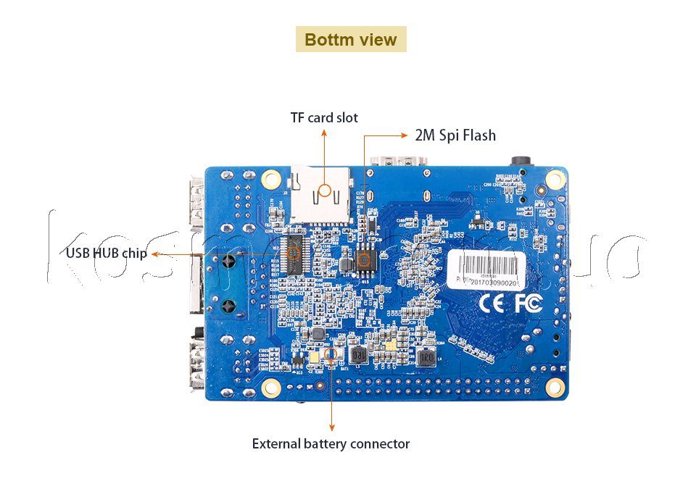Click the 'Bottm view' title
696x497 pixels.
[351, 39]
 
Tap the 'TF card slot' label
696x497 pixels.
[324, 117]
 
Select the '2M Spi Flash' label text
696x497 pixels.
[455, 135]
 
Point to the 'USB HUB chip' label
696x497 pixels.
[107, 254]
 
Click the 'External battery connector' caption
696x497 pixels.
[331, 443]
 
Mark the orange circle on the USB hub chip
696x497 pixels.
[294, 254]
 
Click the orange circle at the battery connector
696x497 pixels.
[331, 353]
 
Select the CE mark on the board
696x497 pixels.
[492, 304]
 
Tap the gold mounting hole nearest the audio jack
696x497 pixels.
[555, 177]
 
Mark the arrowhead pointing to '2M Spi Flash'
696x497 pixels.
[405, 135]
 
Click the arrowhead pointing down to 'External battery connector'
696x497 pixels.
[331, 429]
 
